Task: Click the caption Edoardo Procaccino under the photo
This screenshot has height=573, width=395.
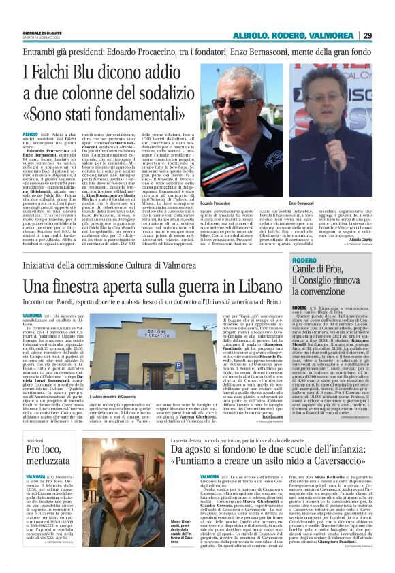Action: pos(216,203)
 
